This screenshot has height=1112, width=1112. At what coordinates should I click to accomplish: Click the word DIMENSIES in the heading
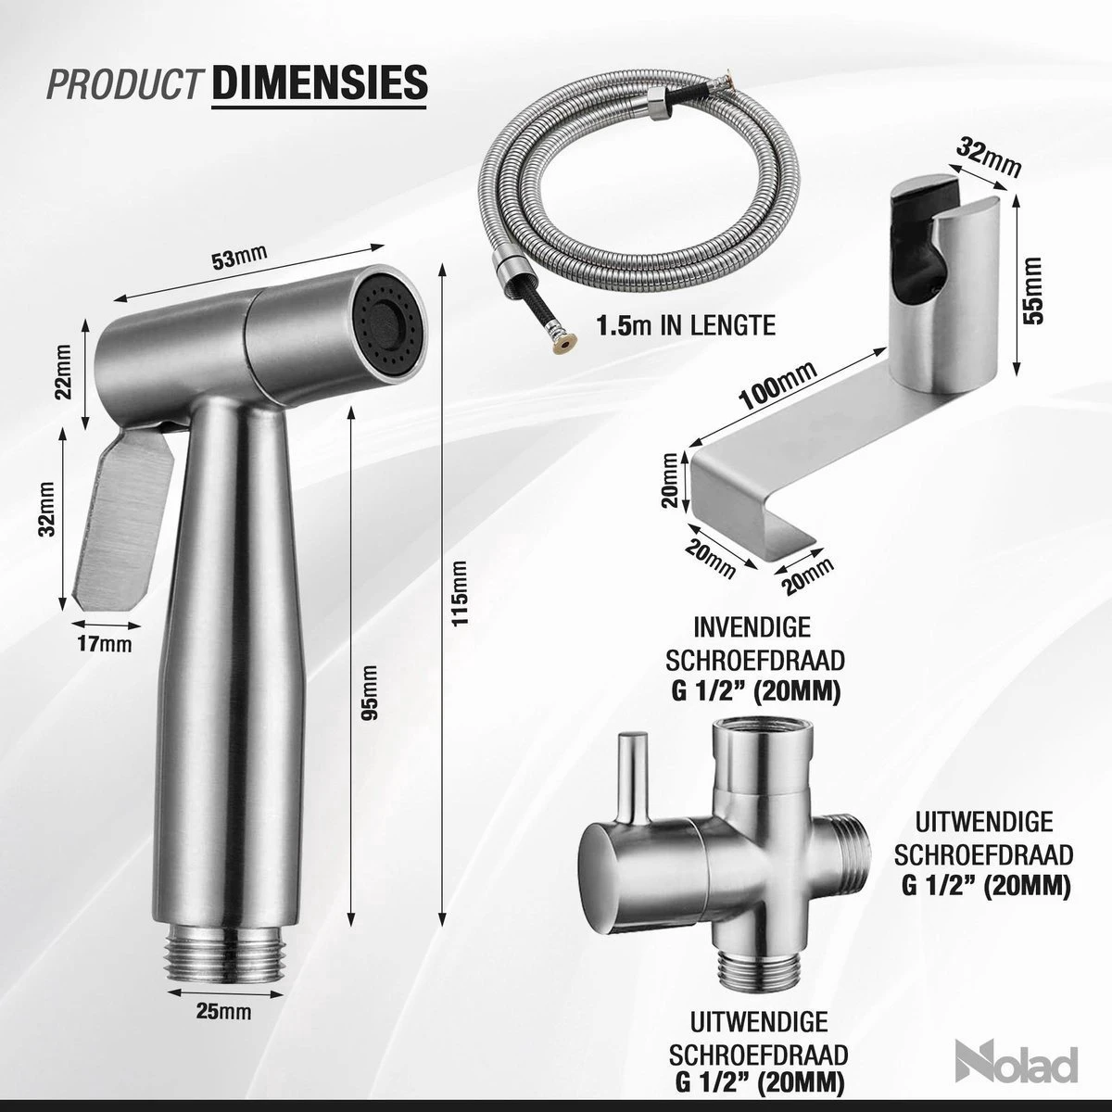(320, 81)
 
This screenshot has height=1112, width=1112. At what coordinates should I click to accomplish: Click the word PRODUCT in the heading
(124, 82)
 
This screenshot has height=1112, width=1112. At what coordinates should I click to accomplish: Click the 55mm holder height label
(1035, 288)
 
